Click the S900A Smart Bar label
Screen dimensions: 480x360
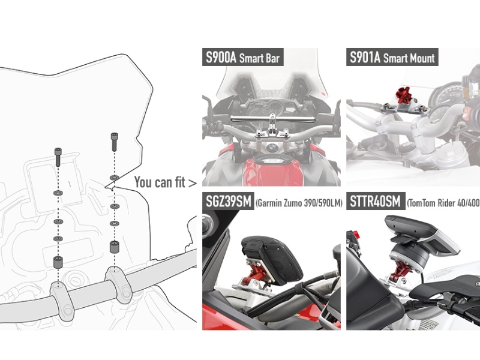tap(243, 57)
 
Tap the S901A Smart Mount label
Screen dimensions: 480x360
tap(392, 57)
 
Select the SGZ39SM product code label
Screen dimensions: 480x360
tap(228, 201)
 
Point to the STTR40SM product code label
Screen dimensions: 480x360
tap(376, 201)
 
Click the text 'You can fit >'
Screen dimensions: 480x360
tap(166, 182)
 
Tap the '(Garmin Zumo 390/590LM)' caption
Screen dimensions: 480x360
tap(299, 203)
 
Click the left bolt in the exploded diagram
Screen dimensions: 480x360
tap(58, 157)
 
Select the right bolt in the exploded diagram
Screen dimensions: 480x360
tap(114, 142)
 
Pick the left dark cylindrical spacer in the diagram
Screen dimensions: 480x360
tap(58, 262)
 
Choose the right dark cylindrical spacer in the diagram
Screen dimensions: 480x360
tap(114, 247)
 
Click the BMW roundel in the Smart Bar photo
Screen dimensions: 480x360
tap(272, 149)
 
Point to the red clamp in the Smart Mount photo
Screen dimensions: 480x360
tap(403, 95)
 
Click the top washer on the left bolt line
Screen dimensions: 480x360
tap(58, 193)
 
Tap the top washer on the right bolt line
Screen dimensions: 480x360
tap(114, 178)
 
